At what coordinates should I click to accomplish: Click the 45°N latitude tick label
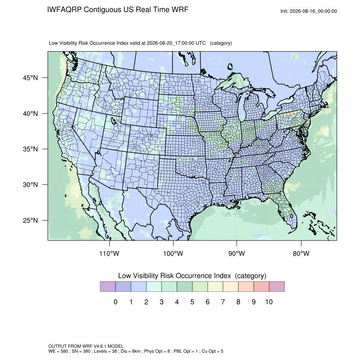[x=30, y=78]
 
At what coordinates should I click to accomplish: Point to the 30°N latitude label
[x=30, y=185]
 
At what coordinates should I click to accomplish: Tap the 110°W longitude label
[x=109, y=253]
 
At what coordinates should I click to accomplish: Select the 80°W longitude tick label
[x=301, y=253]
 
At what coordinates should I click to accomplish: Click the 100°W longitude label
[x=173, y=253]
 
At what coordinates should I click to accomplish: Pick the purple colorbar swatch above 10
[x=277, y=287]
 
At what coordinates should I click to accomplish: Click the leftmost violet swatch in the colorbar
[x=108, y=287]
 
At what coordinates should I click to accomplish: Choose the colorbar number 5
[x=192, y=302]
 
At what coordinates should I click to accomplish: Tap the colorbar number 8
[x=238, y=302]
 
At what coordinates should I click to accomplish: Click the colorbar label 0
[x=116, y=302]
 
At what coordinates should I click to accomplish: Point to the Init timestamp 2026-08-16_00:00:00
[x=313, y=11]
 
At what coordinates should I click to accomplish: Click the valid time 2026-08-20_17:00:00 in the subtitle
[x=171, y=43]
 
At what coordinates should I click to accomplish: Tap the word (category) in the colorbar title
[x=250, y=276]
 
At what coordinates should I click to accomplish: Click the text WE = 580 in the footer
[x=58, y=351]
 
